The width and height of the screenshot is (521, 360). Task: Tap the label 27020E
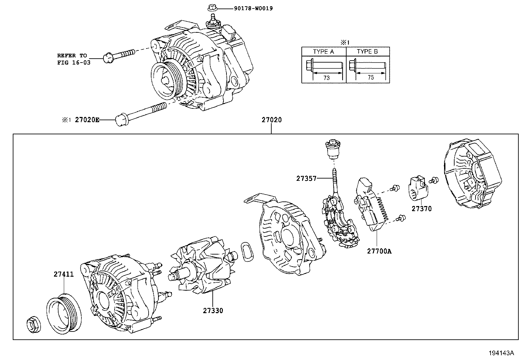pos(87,120)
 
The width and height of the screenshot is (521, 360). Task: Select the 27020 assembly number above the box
pos(271,120)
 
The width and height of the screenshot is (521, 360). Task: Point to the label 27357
pos(306,179)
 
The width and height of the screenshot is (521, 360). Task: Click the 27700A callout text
pos(379,251)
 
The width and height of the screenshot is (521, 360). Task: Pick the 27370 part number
pos(422,209)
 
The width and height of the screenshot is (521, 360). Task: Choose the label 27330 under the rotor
pos(213,311)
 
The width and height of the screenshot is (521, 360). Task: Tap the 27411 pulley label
pos(64,274)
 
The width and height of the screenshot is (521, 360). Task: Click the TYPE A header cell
pos(323,51)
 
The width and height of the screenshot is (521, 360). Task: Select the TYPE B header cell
pos(367,51)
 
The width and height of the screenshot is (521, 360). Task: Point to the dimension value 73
pos(326,78)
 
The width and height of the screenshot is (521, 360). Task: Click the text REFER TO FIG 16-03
pos(74,59)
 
